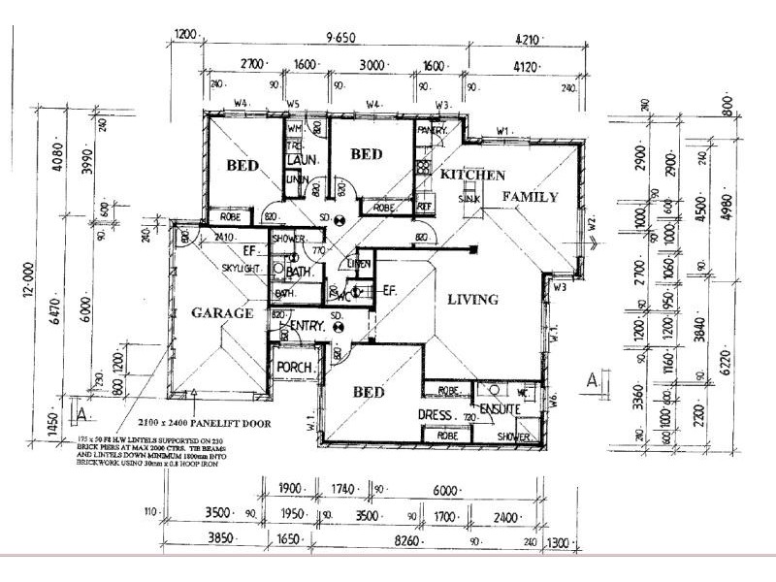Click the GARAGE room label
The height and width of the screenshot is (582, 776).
(x=222, y=313)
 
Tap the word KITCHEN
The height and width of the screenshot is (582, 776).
(x=472, y=176)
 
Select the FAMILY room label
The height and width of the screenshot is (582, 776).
(x=530, y=197)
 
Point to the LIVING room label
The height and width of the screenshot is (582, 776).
(x=472, y=300)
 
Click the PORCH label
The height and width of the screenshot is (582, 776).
(x=293, y=368)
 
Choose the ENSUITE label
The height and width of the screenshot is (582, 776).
(x=501, y=409)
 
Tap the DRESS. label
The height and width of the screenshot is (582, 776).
(x=436, y=415)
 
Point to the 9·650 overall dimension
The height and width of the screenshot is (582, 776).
(x=339, y=38)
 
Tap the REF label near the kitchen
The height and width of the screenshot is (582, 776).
(x=424, y=206)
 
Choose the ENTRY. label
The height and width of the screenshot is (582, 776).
(x=307, y=326)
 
